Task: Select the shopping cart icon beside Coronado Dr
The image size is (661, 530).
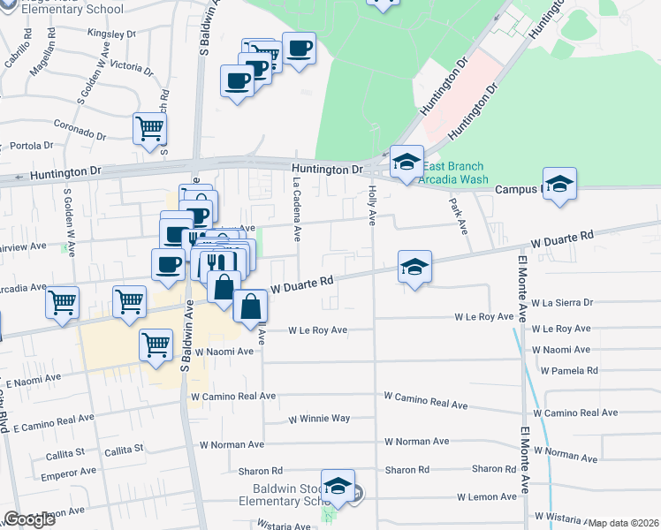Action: [149, 128]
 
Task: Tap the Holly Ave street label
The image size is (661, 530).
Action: [372, 204]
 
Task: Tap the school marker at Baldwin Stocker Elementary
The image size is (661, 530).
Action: [337, 486]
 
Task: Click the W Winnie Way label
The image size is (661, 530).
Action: [316, 418]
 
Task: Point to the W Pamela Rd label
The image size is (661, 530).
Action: [565, 370]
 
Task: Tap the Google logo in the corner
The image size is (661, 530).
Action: [29, 519]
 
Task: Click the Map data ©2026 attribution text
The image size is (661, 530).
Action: [623, 523]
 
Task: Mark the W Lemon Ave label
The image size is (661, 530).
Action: [485, 496]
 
